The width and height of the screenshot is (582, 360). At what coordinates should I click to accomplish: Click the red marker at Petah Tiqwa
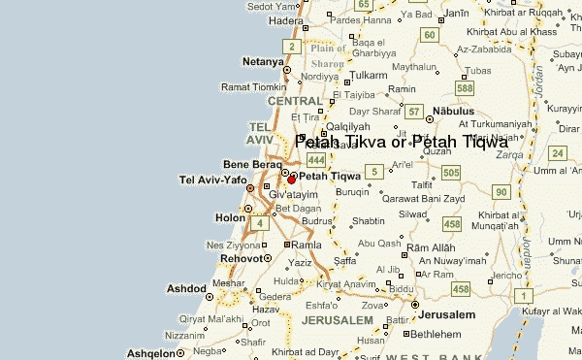pyautogui.click(x=291, y=180)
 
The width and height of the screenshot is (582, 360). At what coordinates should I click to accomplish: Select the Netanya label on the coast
pyautogui.click(x=263, y=61)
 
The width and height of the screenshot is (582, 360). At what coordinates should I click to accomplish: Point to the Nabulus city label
pyautogui.click(x=460, y=112)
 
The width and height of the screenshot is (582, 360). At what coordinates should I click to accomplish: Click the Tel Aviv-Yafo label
pyautogui.click(x=213, y=180)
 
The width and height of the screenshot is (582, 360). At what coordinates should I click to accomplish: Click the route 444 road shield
pyautogui.click(x=315, y=158)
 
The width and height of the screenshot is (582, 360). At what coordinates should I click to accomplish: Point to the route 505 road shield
pyautogui.click(x=448, y=173)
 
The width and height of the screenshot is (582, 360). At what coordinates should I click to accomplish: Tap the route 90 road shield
pyautogui.click(x=501, y=192)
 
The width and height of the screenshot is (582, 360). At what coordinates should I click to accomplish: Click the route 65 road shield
pyautogui.click(x=364, y=5)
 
